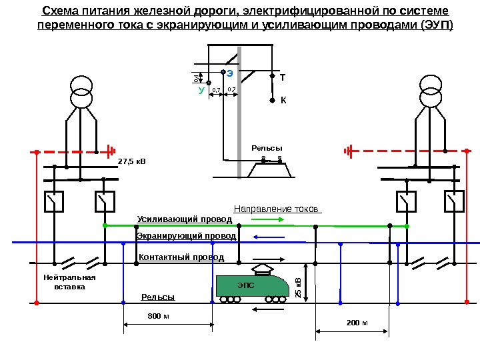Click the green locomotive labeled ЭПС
tap(252, 287)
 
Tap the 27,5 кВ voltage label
tap(131, 161)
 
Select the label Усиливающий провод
tap(185, 219)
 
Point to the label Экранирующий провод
tap(186, 236)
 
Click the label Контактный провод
tap(181, 257)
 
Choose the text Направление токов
tap(277, 207)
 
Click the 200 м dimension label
tap(357, 323)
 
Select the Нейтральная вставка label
tap(69, 282)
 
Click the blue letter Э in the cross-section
tap(229, 72)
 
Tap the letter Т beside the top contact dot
tap(282, 78)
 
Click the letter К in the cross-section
tap(282, 101)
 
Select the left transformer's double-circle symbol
tap(82, 92)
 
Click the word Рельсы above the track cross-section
tap(267, 147)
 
